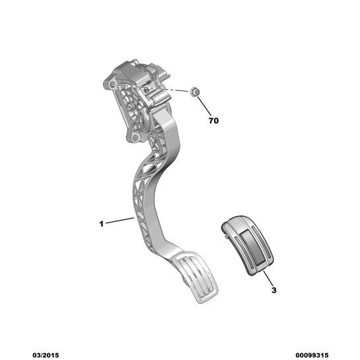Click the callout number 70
[x=213, y=120]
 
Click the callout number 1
[x=102, y=224]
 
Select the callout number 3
[x=274, y=290]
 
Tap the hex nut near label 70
[x=195, y=92]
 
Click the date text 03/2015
[x=46, y=355]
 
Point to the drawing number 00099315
[x=312, y=355]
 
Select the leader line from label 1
[x=120, y=220]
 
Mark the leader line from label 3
[x=268, y=278]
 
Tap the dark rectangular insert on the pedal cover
[x=252, y=247]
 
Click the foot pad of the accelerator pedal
[x=195, y=277]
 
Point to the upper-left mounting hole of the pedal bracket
[x=112, y=85]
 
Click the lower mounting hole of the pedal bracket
[x=135, y=138]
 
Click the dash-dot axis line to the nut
[x=151, y=88]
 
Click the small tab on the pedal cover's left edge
[x=226, y=236]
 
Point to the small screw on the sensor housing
[x=145, y=90]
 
